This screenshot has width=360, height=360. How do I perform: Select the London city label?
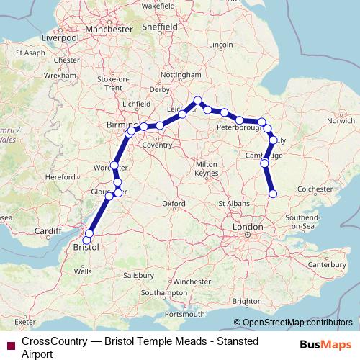click(247, 228)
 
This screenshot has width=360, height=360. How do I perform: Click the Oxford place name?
click(174, 204)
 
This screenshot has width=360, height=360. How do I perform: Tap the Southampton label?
click(165, 293)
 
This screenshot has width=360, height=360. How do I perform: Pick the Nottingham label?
click(181, 75)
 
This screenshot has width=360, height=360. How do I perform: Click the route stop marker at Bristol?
click(89, 234)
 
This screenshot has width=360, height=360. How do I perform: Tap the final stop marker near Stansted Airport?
click(273, 193)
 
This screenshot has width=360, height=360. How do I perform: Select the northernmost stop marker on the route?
click(197, 101)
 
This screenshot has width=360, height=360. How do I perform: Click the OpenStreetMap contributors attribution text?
click(297, 323)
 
